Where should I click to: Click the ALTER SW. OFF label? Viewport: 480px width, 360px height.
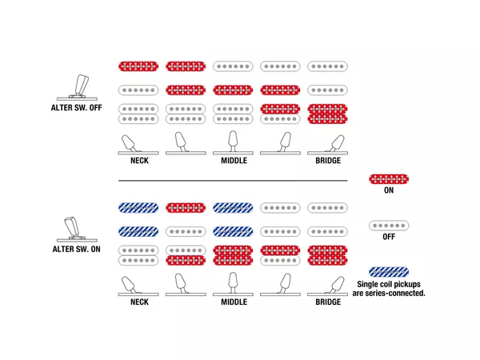(x=76, y=108)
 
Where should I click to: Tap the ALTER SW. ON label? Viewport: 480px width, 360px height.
(x=76, y=249)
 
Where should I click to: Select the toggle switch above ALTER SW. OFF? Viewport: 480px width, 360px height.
(x=77, y=87)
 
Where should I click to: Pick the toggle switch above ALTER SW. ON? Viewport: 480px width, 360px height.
(x=77, y=230)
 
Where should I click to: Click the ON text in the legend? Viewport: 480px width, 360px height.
(x=389, y=190)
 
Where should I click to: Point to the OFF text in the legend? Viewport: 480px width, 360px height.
(x=389, y=237)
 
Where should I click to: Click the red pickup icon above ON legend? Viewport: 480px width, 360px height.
(x=389, y=179)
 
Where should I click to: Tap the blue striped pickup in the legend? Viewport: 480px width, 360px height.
(x=389, y=272)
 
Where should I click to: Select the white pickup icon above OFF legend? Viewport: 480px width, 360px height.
(x=389, y=226)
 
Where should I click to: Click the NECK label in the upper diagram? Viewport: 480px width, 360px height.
(x=139, y=161)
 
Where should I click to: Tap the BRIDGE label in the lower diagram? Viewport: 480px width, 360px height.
(x=328, y=302)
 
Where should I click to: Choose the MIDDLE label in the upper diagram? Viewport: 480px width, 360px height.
(x=234, y=161)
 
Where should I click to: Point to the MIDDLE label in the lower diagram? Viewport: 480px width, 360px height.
(x=234, y=302)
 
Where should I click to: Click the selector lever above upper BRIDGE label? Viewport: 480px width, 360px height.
(x=328, y=145)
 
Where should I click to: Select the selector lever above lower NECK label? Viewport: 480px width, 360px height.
(x=138, y=286)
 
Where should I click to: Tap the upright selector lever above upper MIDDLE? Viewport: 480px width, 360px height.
(x=233, y=142)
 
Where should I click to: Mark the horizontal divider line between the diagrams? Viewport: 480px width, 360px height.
(x=233, y=181)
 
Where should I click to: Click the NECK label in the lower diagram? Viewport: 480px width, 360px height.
(x=139, y=302)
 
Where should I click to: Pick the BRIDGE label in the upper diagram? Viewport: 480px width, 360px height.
(x=328, y=161)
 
